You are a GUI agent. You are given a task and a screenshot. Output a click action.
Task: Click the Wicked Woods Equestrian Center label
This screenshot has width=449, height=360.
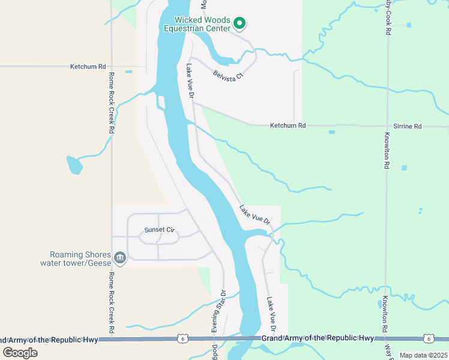pyautogui.click(x=202, y=24)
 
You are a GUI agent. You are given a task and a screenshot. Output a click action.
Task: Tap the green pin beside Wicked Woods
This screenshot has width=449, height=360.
pyautogui.click(x=239, y=23)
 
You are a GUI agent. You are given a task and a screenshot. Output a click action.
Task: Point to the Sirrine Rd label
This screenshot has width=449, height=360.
pyautogui.click(x=408, y=127)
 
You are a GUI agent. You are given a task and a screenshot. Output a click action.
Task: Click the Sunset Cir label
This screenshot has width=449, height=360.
pyautogui.click(x=159, y=230)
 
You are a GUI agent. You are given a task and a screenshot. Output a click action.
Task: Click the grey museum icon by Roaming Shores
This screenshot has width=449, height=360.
pyautogui.click(x=119, y=258)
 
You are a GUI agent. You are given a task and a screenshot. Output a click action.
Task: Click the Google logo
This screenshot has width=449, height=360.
pyautogui.click(x=20, y=352)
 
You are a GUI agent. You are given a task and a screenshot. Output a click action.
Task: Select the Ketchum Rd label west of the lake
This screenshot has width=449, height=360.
pyautogui.click(x=88, y=66)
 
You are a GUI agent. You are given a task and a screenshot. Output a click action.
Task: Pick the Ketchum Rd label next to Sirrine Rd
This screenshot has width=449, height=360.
pyautogui.click(x=288, y=125)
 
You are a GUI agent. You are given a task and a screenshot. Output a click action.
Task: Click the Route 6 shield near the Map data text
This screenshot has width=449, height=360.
pyautogui.click(x=428, y=339)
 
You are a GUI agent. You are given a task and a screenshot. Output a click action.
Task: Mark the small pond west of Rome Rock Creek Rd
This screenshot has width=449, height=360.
pyautogui.click(x=74, y=165)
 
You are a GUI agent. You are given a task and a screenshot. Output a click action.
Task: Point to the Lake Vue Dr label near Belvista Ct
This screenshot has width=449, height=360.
pyautogui.click(x=190, y=80)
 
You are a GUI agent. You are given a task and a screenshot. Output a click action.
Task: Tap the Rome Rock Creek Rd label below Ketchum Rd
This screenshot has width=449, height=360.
pyautogui.click(x=112, y=104)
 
